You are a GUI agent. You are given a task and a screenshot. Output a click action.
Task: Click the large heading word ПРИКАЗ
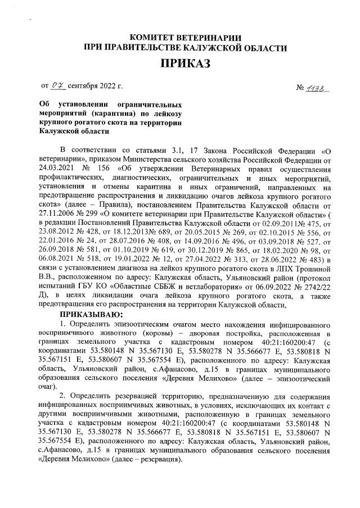click(185, 63)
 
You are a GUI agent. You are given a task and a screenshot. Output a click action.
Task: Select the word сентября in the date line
click(84, 87)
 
